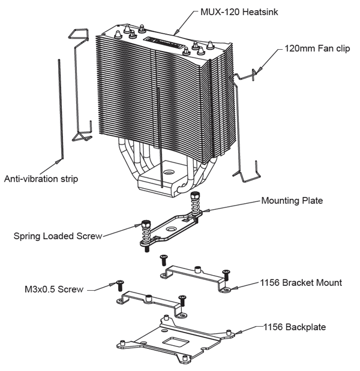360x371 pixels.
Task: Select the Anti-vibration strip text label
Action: pos(40,179)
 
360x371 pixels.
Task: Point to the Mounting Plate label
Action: pos(292,201)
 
